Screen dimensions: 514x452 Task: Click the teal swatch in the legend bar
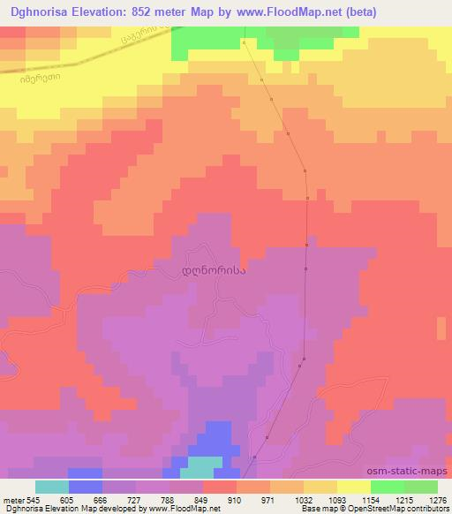[52, 487]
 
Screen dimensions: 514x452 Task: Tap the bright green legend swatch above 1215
[388, 487]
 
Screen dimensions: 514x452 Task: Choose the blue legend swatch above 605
[86, 487]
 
